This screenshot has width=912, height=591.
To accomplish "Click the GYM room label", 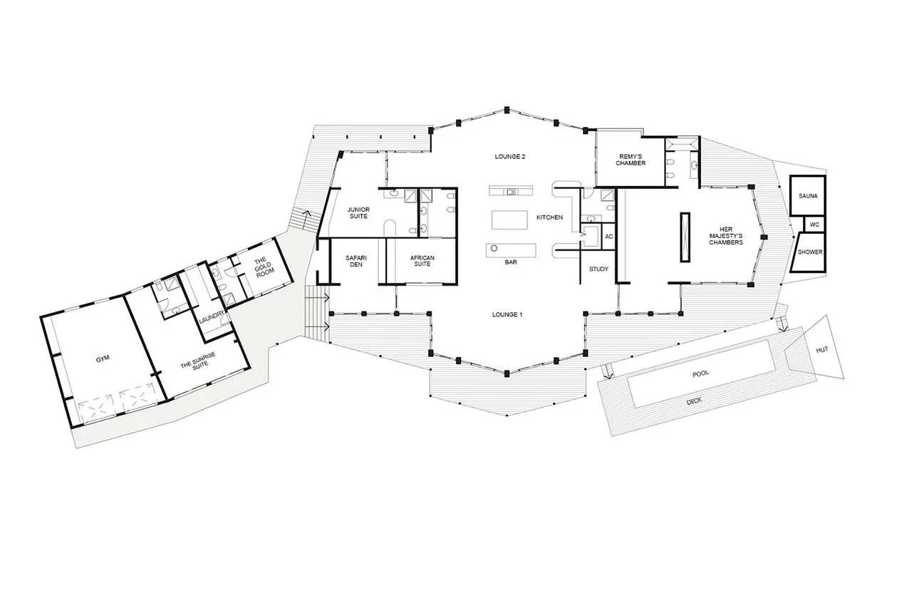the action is click(x=103, y=359).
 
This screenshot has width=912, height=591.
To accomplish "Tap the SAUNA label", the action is click(x=808, y=196).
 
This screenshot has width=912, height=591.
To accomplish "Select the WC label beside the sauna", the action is click(x=814, y=225).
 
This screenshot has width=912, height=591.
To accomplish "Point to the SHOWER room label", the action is click(x=810, y=252).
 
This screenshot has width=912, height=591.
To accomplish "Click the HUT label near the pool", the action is click(x=822, y=350).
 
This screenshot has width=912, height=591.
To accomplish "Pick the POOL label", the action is click(x=700, y=374).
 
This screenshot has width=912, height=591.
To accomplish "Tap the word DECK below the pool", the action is click(x=694, y=401).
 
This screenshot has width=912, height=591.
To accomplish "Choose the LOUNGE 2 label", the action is click(x=509, y=156).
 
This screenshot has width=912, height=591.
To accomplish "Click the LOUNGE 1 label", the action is click(x=507, y=314).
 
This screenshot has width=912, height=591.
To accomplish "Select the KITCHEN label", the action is click(x=549, y=217).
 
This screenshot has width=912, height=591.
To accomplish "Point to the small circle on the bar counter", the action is click(x=494, y=248).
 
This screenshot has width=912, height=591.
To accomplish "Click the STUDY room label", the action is click(x=598, y=269).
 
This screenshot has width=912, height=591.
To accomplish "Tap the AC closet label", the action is click(x=609, y=237).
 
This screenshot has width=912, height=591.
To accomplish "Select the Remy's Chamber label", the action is click(x=631, y=160).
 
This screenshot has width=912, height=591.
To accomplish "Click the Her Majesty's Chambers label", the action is click(x=726, y=236).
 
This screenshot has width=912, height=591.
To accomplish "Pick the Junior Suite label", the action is click(x=358, y=212).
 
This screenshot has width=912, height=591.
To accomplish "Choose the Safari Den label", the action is click(x=356, y=261).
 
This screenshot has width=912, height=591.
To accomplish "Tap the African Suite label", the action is click(x=423, y=261).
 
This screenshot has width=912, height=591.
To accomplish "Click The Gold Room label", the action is click(x=263, y=264).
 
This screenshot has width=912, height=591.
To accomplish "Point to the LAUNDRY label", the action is click(x=212, y=316).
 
